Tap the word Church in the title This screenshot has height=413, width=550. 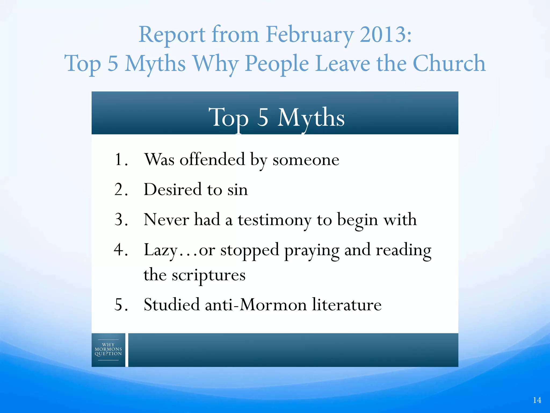point(449,63)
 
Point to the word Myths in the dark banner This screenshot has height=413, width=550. point(311,118)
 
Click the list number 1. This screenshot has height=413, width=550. point(119,159)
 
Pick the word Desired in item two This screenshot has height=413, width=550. point(172,189)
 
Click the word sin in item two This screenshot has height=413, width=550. point(237,190)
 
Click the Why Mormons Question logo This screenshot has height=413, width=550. point(108,350)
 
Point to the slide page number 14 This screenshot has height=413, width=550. point(537,400)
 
